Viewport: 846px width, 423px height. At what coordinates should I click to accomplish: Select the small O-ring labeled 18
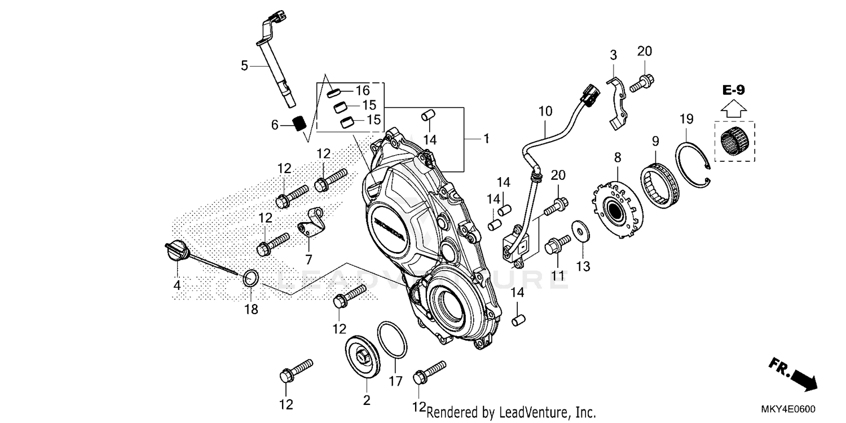coord(252,278)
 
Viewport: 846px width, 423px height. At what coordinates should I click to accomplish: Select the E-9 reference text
coord(734,89)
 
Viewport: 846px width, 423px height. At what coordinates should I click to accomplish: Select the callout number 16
coord(362,90)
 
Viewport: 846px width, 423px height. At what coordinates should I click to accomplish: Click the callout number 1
coord(486,138)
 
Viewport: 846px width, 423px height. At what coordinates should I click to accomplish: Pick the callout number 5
coord(244,66)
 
